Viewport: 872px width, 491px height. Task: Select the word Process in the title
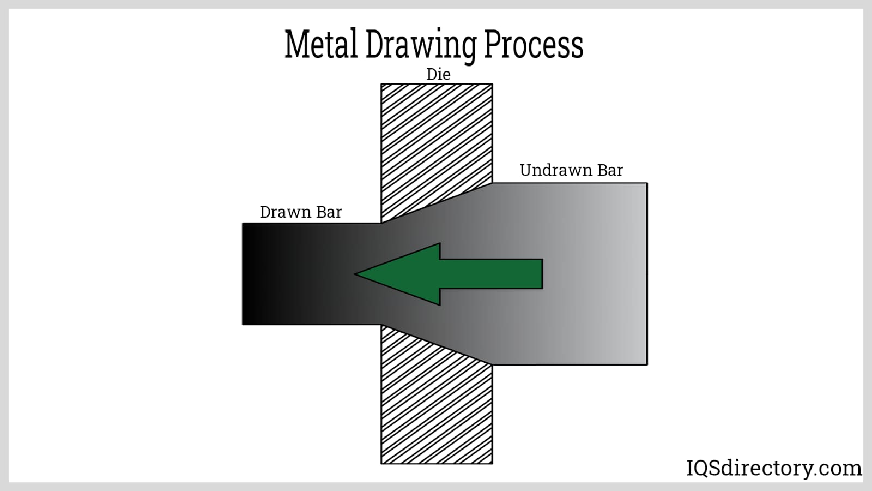(534, 44)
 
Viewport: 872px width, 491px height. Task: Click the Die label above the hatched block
(438, 74)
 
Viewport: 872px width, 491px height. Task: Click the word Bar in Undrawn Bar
(610, 170)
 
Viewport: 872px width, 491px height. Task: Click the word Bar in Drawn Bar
(329, 212)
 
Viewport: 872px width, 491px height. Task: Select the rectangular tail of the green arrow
(491, 274)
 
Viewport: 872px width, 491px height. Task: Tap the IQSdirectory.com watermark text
(774, 468)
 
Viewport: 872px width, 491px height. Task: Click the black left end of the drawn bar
(251, 274)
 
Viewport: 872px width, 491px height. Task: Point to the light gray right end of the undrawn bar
(635, 274)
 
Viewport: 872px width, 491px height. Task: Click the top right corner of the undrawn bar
(647, 183)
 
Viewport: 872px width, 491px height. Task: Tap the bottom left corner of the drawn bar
(243, 324)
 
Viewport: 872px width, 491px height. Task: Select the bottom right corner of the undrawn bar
(647, 364)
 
